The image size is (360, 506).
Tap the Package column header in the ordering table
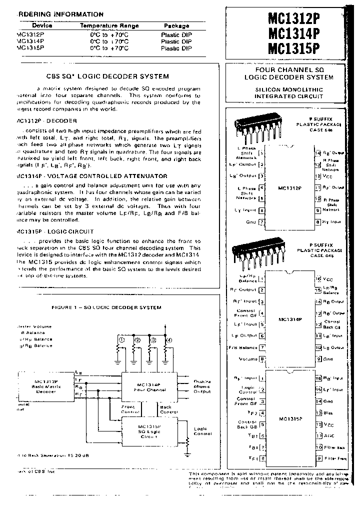(x=176, y=25)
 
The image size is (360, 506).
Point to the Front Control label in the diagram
(x=128, y=409)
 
